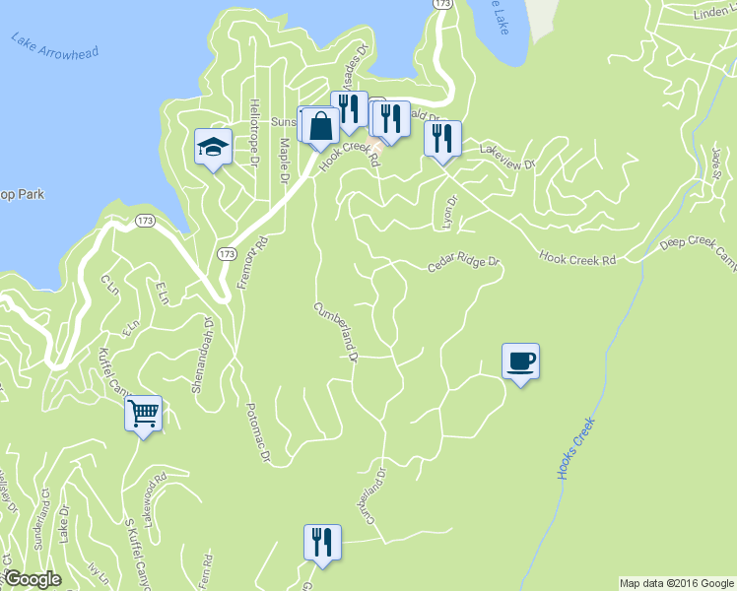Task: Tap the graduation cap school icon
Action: (213, 148)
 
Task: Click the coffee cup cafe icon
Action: (521, 361)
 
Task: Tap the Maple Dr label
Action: (283, 160)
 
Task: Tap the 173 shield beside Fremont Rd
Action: (228, 254)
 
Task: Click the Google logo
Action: (32, 579)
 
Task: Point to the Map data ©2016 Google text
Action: (676, 582)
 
